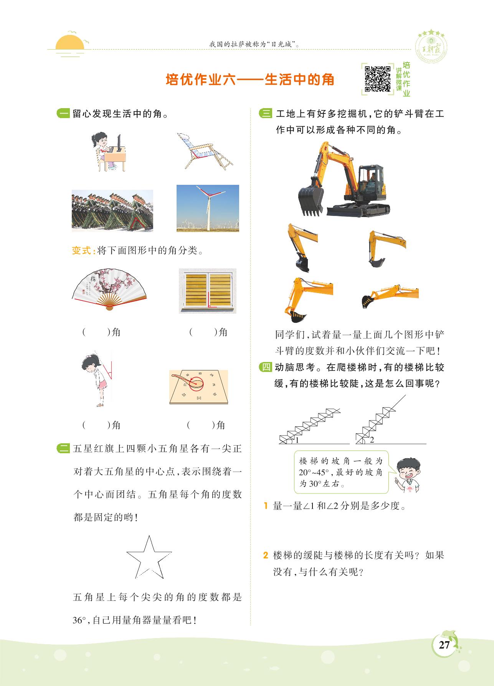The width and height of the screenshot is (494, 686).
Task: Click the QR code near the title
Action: click(x=378, y=79)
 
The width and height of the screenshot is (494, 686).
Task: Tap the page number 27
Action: click(x=444, y=645)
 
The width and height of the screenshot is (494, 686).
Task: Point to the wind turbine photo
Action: click(x=208, y=208)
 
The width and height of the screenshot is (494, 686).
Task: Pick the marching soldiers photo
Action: click(x=112, y=211)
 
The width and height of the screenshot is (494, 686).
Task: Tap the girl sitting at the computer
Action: click(x=109, y=152)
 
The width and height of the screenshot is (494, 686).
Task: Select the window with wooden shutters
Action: click(x=208, y=291)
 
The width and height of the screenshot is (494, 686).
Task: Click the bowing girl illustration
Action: click(x=97, y=379)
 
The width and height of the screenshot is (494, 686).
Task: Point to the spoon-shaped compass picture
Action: click(x=199, y=387)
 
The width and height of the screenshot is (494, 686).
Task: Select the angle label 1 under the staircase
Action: click(x=297, y=440)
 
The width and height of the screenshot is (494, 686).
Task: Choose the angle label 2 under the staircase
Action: click(x=372, y=440)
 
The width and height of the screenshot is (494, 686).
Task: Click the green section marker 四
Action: click(x=266, y=367)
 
